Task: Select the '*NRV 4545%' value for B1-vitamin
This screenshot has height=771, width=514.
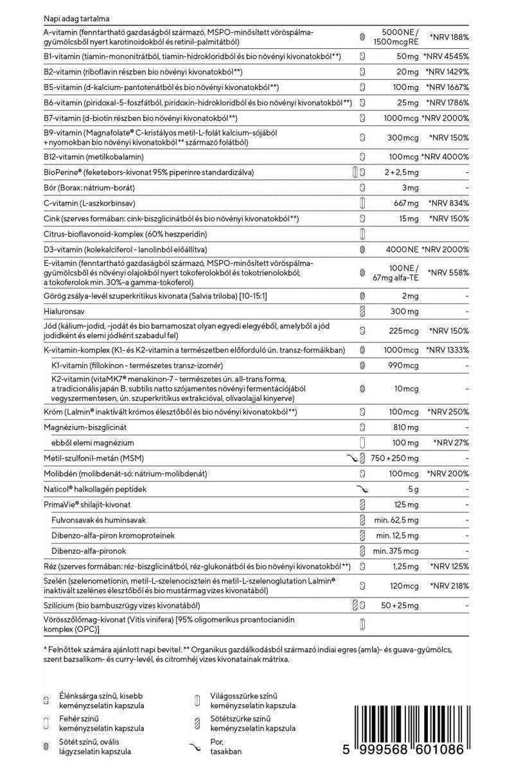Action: click(449, 56)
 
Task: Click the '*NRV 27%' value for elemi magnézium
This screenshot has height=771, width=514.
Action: click(451, 443)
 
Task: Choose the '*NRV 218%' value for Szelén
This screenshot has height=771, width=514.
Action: click(449, 587)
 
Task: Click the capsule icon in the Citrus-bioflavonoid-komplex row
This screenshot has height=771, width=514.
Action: click(362, 233)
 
